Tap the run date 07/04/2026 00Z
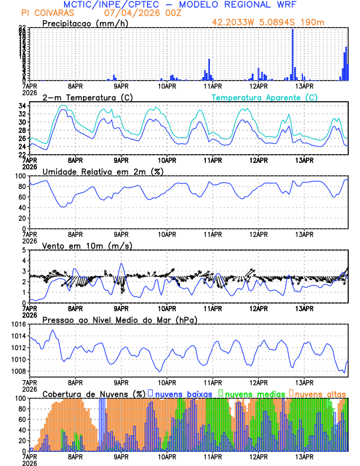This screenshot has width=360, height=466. tap(134, 13)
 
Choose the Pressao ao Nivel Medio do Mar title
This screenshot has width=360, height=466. tap(119, 319)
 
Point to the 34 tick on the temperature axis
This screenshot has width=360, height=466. tap(21, 106)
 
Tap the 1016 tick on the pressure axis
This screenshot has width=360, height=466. tap(17, 324)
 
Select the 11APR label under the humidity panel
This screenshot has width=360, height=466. tap(212, 234)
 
